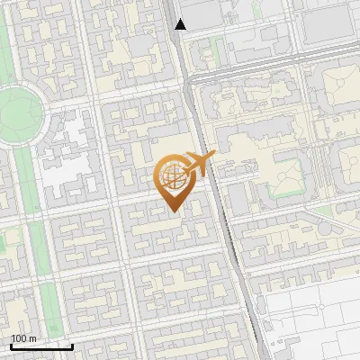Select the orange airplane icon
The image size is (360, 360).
[199, 164]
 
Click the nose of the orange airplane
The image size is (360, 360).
[214, 156]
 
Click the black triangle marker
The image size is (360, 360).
[181, 24]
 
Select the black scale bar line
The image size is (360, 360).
[41, 346]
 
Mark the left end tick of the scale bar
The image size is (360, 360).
[11, 345]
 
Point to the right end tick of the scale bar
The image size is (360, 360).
[73, 345]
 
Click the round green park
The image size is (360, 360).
[18, 112]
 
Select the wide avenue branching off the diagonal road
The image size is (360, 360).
[270, 76]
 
